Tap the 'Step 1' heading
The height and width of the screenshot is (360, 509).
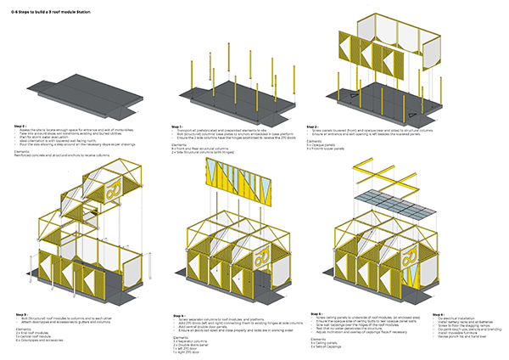click(175, 126)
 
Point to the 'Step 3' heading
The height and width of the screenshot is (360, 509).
click(20, 315)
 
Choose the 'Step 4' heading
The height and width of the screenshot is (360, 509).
click(175, 315)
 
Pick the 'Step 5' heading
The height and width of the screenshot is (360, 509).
click(318, 315)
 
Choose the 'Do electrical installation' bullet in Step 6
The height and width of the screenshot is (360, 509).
click(437, 319)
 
